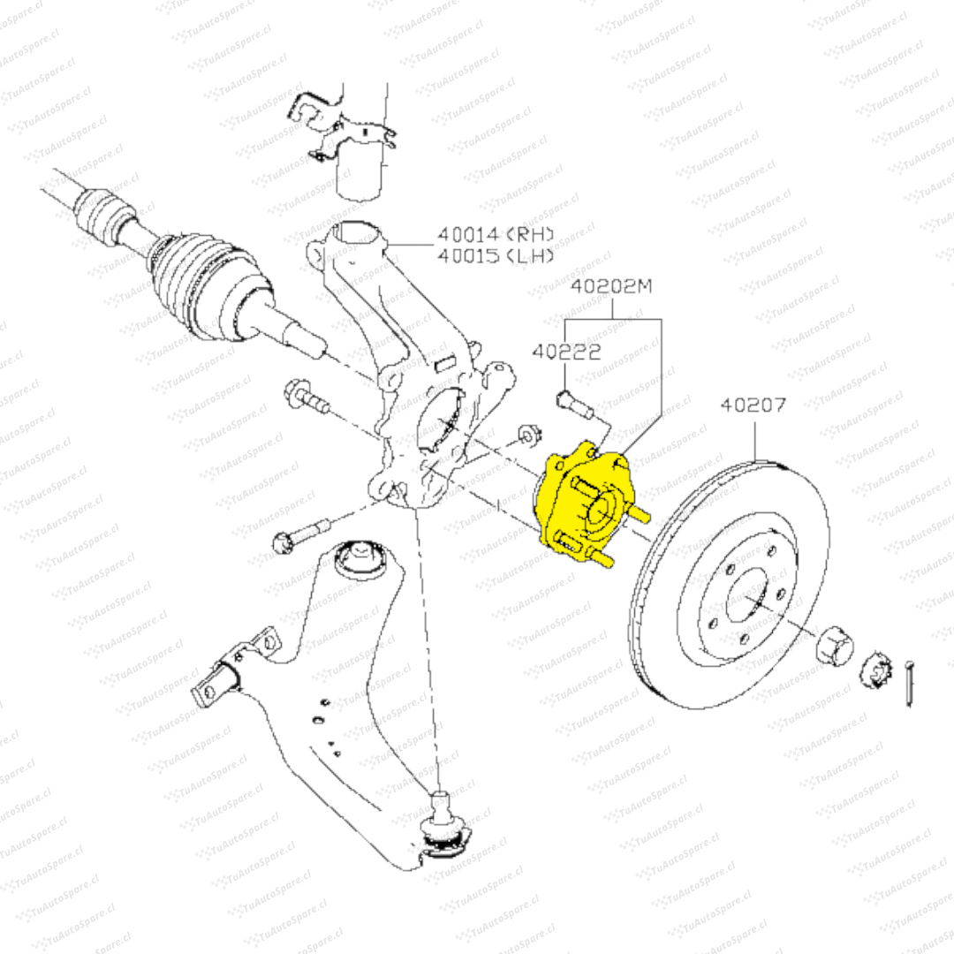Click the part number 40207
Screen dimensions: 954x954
pyautogui.click(x=753, y=405)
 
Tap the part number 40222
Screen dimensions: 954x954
pyautogui.click(x=566, y=352)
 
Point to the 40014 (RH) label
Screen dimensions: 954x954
pyautogui.click(x=496, y=235)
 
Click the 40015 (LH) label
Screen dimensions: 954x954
pyautogui.click(x=496, y=256)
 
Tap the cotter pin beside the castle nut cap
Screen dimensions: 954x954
pyautogui.click(x=909, y=684)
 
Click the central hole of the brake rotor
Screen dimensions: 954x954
pyautogui.click(x=747, y=600)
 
